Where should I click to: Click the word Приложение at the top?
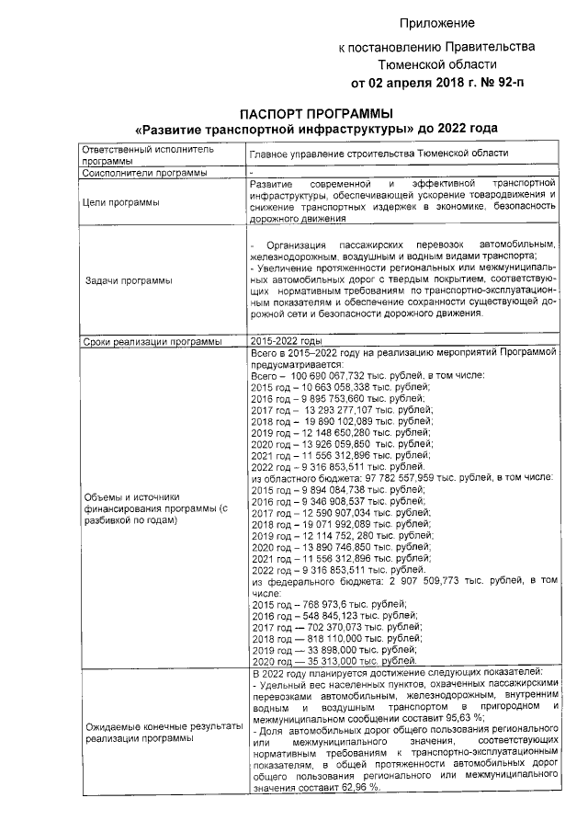[x=437, y=21]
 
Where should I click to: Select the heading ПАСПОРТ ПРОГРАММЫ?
[x=291, y=113]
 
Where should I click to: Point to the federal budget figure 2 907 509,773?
[x=430, y=582]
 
